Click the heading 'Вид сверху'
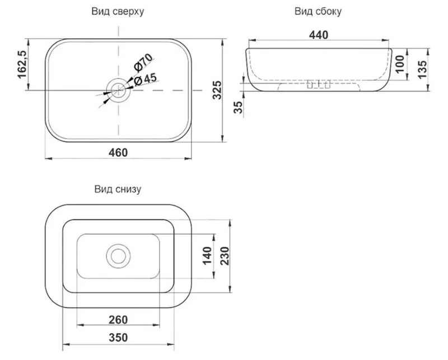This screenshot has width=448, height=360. [118, 11]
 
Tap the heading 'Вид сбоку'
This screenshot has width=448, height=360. [318, 11]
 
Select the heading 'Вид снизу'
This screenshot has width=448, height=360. [118, 189]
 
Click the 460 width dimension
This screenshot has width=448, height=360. [118, 152]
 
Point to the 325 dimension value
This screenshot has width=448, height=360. [217, 90]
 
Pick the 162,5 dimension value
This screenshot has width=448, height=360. [22, 64]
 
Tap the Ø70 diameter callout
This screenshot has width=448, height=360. [143, 62]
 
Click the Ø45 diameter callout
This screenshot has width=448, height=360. [145, 79]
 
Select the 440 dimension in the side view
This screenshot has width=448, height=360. [319, 35]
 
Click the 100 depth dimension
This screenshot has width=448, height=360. [400, 64]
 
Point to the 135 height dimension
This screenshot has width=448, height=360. [422, 69]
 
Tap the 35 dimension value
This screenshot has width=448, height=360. [237, 107]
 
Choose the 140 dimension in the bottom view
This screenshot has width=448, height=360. [207, 256]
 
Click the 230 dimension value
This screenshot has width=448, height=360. [225, 256]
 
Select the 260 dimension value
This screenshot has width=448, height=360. [118, 320]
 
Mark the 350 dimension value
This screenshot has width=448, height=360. [118, 338]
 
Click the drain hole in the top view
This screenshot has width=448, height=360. [118, 90]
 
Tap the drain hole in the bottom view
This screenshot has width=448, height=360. [118, 256]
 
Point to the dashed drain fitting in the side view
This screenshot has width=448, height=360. [319, 85]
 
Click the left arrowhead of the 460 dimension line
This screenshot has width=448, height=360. [49, 158]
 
